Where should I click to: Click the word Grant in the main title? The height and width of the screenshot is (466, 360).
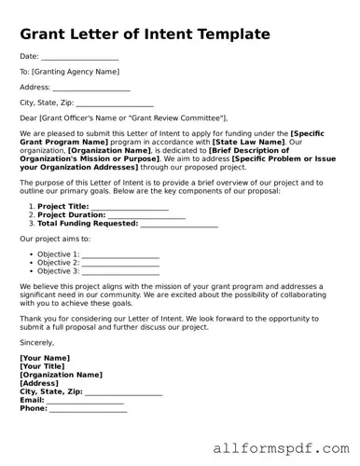click(x=48, y=34)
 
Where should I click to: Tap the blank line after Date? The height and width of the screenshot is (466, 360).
click(x=79, y=57)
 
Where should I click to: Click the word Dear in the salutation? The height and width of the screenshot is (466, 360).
click(x=30, y=118)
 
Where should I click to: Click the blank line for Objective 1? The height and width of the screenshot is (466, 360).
click(x=120, y=254)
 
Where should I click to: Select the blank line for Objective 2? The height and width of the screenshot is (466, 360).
click(x=120, y=263)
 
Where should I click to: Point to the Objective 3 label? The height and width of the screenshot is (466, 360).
click(x=58, y=271)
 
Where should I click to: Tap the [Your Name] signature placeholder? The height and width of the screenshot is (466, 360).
click(x=45, y=358)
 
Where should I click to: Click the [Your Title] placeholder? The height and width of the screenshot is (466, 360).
click(x=43, y=366)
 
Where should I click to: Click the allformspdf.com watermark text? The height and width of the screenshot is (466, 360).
click(x=279, y=449)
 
